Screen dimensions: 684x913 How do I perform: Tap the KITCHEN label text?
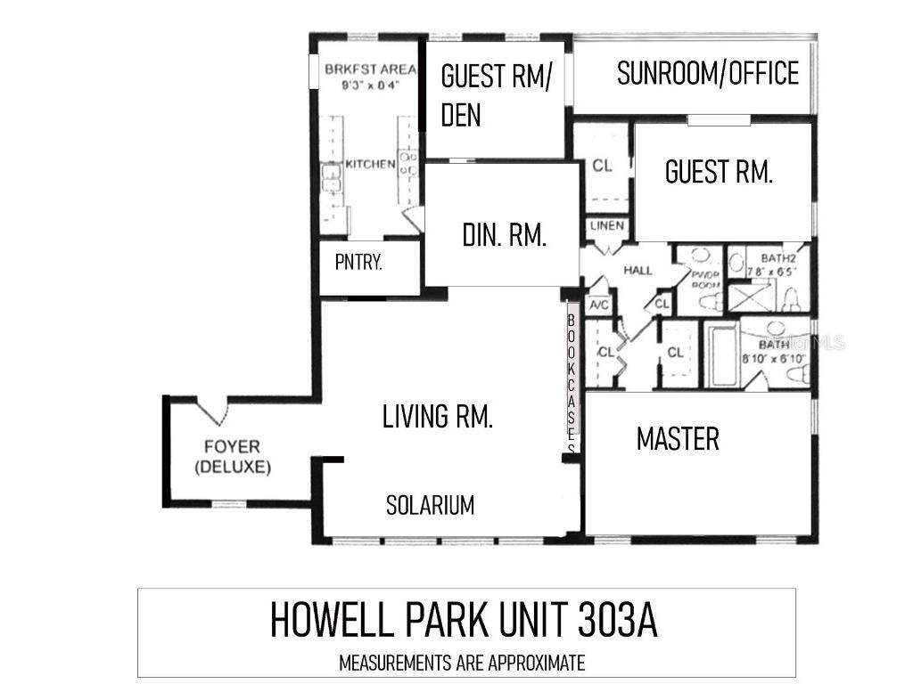pos(369,164)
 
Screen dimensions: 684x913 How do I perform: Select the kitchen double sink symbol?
pos(332,178)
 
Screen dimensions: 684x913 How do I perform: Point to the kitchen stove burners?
pos(409,164)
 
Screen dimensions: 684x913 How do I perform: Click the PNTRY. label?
pos(358,263)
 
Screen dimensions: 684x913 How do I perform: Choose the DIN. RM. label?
pos(504,235)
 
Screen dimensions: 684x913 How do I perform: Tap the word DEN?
pos(461,115)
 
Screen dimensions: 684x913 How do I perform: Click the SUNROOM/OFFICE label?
pos(707,74)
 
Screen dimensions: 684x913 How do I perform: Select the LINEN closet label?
pos(607,226)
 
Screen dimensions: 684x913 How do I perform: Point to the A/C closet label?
pos(598,305)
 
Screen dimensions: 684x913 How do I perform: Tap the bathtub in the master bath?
pos(721,355)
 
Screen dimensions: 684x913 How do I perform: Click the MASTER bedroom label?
pos(678,438)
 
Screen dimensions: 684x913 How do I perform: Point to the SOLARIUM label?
pos(430,506)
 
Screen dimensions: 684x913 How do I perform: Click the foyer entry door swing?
pos(212,411)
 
